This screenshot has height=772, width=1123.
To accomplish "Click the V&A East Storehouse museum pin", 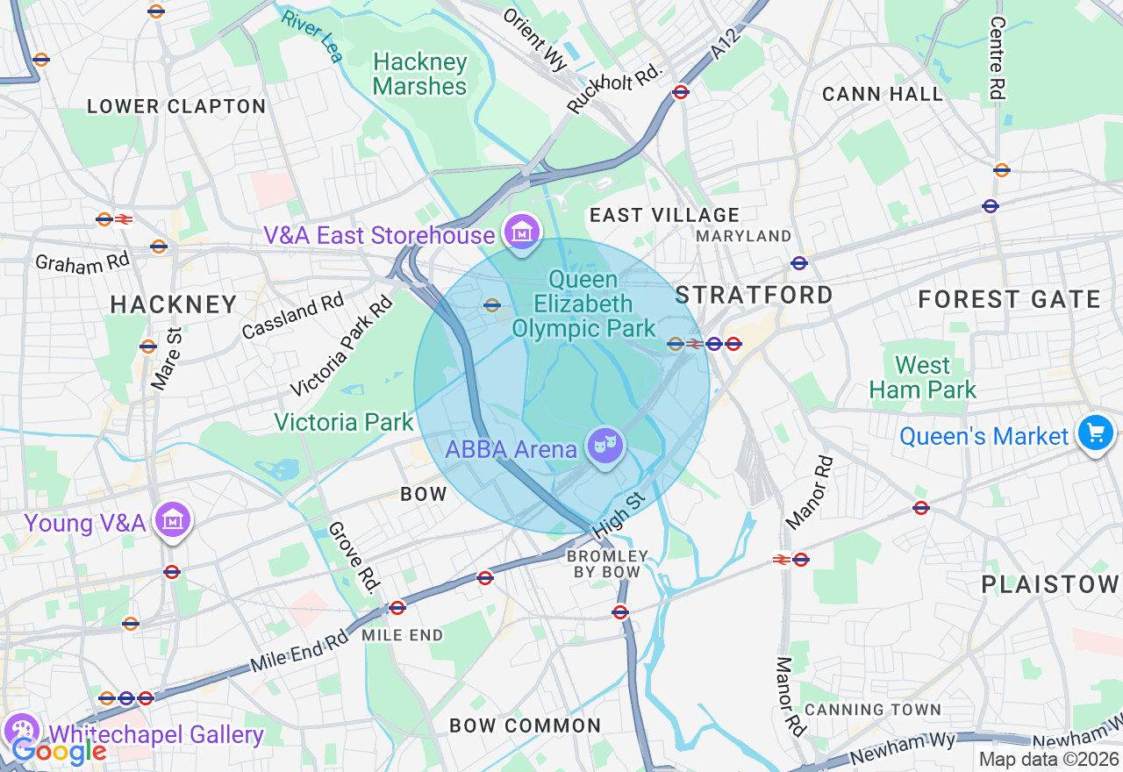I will [x=522, y=232].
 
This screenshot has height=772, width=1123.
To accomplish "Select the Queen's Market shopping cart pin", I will [x=1096, y=433].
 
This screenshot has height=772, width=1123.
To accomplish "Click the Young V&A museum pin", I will [x=173, y=520].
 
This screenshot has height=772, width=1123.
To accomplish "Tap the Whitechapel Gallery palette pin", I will [x=20, y=730].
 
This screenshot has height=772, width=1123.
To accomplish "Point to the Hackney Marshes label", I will [x=419, y=75].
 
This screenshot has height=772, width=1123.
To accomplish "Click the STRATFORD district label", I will [x=754, y=295].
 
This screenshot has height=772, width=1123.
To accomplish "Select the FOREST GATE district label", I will [x=1009, y=300].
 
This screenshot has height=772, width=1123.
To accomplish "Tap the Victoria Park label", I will [x=343, y=422].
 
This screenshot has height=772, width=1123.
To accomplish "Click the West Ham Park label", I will [x=922, y=378].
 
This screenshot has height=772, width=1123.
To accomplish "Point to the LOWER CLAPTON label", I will [x=175, y=107].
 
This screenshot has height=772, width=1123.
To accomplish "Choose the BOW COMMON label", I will [x=525, y=726].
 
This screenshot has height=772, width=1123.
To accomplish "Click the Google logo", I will [x=58, y=751].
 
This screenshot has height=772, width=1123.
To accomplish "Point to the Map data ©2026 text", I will [x=1048, y=760].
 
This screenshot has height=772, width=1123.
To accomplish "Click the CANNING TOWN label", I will [x=872, y=709].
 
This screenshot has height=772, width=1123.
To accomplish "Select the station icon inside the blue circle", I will [x=491, y=305].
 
